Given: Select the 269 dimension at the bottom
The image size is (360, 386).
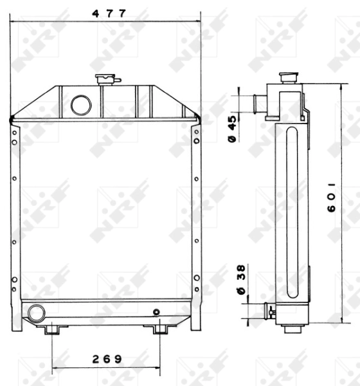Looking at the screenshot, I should (x=105, y=358).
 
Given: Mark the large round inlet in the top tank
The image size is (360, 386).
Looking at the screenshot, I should (x=80, y=104).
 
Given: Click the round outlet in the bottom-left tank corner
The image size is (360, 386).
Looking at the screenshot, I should (x=36, y=313).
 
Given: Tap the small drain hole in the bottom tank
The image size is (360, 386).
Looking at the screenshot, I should (x=156, y=313).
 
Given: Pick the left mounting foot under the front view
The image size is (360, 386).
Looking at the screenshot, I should (x=52, y=329).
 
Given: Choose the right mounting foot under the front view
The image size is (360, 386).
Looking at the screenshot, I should (x=159, y=329).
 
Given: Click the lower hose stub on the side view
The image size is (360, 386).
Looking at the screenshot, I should (x=270, y=312).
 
